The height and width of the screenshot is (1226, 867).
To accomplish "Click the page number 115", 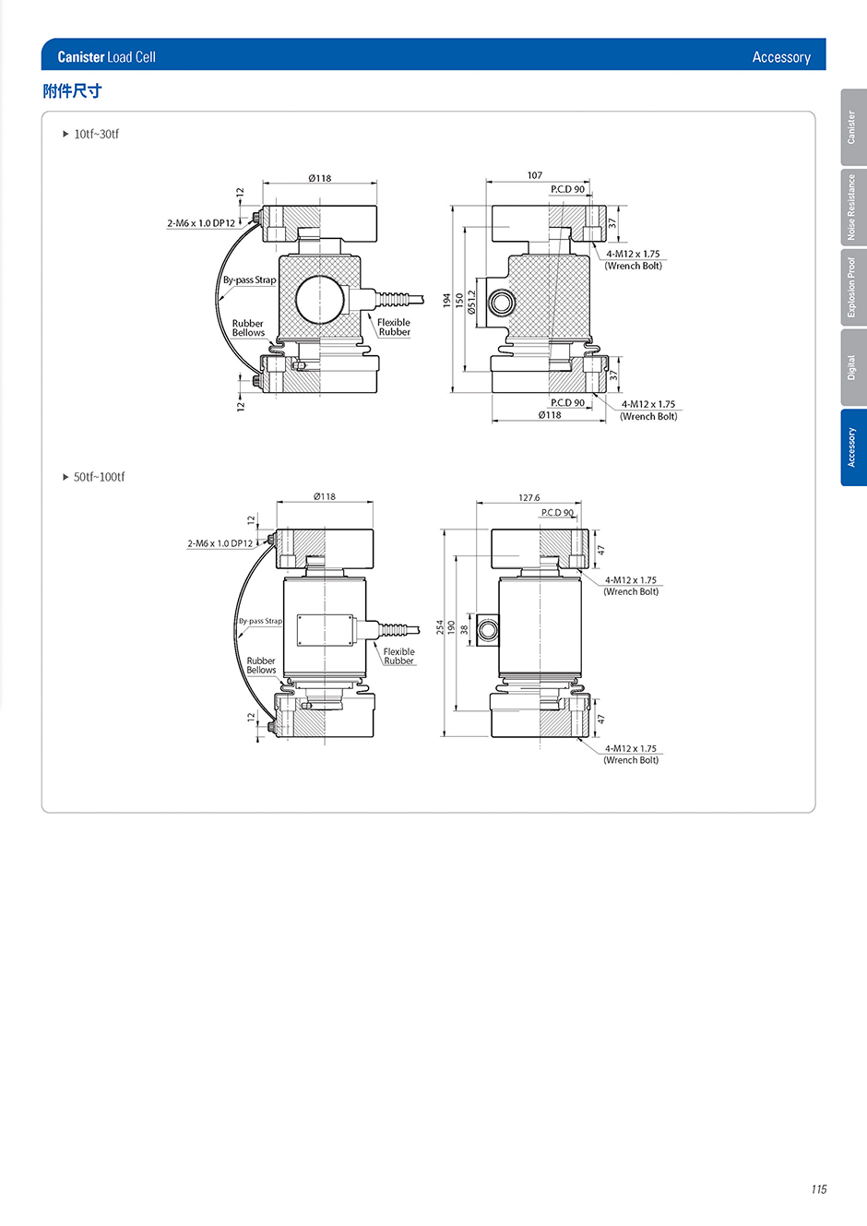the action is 819,1189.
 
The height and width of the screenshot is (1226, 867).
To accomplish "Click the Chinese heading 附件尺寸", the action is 72,90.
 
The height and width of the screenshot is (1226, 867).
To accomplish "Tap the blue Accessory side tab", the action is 853,447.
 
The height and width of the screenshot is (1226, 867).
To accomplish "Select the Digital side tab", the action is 853,367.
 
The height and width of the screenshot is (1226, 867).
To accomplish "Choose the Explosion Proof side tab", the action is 853,287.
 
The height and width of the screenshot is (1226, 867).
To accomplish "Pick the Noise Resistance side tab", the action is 853,208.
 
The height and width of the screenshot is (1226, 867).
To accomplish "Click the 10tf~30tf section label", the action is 96,134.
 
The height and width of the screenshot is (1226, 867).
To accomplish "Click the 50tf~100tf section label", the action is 99,477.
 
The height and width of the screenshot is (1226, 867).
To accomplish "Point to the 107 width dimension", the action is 535,175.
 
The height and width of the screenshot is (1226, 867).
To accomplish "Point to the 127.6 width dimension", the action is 529,497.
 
